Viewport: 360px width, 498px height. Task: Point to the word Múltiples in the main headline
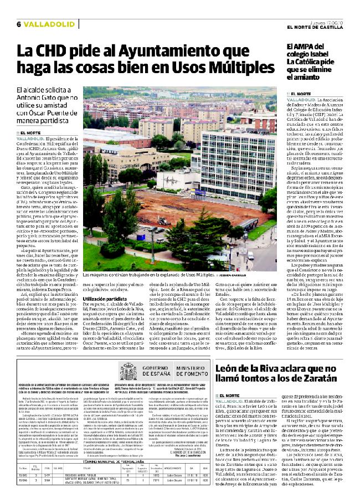(237, 69)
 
